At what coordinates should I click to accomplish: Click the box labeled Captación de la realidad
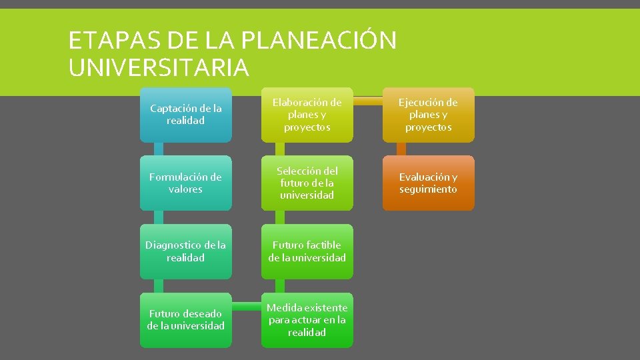click(x=185, y=115)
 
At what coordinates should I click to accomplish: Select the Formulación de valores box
click(x=185, y=183)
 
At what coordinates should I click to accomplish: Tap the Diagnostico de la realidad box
click(x=185, y=251)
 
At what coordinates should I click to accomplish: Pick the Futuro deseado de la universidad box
click(x=185, y=320)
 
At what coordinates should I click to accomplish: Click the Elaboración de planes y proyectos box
click(x=307, y=115)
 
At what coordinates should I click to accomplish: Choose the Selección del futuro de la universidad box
click(x=307, y=183)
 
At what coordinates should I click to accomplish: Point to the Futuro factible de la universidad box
click(x=307, y=251)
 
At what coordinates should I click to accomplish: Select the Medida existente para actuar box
click(x=307, y=320)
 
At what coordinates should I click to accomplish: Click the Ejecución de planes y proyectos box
click(x=428, y=115)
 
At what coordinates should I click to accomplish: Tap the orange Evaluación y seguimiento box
click(x=428, y=183)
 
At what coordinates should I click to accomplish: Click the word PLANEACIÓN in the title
click(x=318, y=41)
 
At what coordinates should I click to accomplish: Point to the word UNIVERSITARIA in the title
click(x=159, y=67)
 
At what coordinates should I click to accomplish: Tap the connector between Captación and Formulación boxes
click(x=158, y=149)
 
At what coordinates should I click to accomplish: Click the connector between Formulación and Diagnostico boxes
click(x=158, y=217)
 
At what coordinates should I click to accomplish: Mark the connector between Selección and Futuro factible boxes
click(x=279, y=217)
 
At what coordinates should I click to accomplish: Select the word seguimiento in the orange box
click(x=428, y=189)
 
